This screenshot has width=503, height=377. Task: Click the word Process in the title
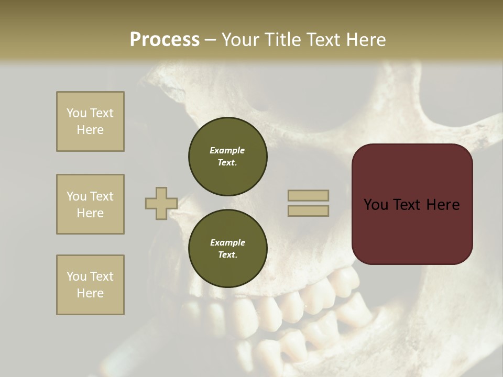(x=165, y=40)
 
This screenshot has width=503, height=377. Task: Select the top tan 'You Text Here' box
(x=90, y=121)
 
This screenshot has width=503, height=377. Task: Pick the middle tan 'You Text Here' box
(x=90, y=204)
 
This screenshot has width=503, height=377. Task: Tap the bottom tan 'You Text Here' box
(x=90, y=285)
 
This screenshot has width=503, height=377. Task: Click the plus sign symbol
(x=161, y=204)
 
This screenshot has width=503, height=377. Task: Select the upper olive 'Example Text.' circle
(x=228, y=157)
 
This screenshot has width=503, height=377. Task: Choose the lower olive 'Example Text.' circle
(x=228, y=249)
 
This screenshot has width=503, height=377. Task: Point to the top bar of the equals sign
(x=308, y=196)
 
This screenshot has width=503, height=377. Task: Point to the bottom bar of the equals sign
(x=308, y=211)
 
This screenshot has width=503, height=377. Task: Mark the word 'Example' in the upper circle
(x=227, y=150)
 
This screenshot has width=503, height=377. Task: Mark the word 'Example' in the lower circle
(x=227, y=242)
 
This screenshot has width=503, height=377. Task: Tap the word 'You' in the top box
(x=76, y=113)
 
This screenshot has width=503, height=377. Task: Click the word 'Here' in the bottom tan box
(x=90, y=293)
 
